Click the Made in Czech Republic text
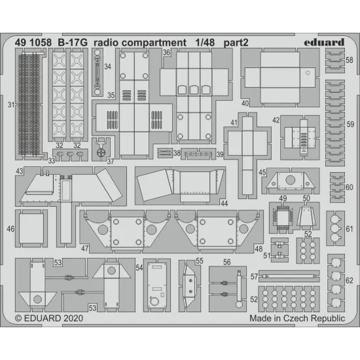tap(297, 319)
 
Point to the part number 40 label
tap(245, 103)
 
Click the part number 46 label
tap(11, 230)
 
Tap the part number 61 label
tap(349, 228)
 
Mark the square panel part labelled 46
tap(30, 229)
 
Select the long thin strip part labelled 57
tap(289, 276)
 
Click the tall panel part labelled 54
tap(156, 285)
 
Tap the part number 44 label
tap(224, 204)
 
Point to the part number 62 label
tap(349, 281)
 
